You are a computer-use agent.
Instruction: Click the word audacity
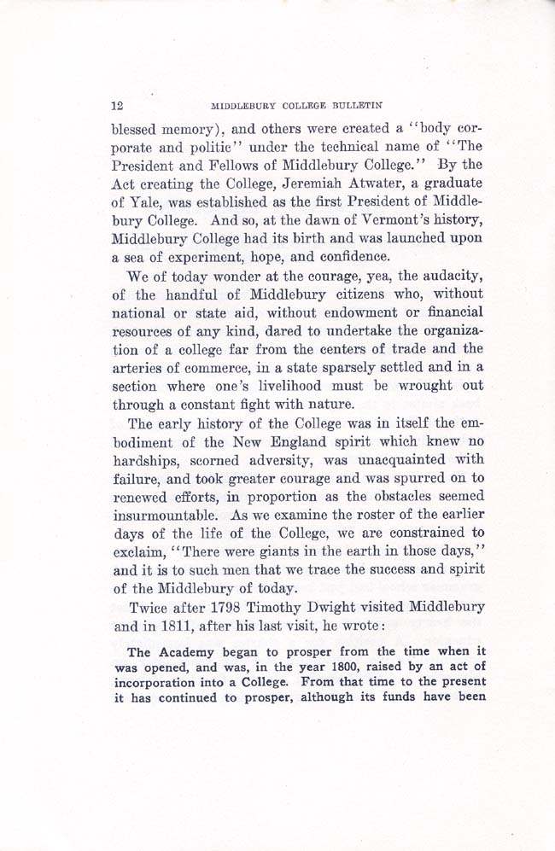click(444, 277)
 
